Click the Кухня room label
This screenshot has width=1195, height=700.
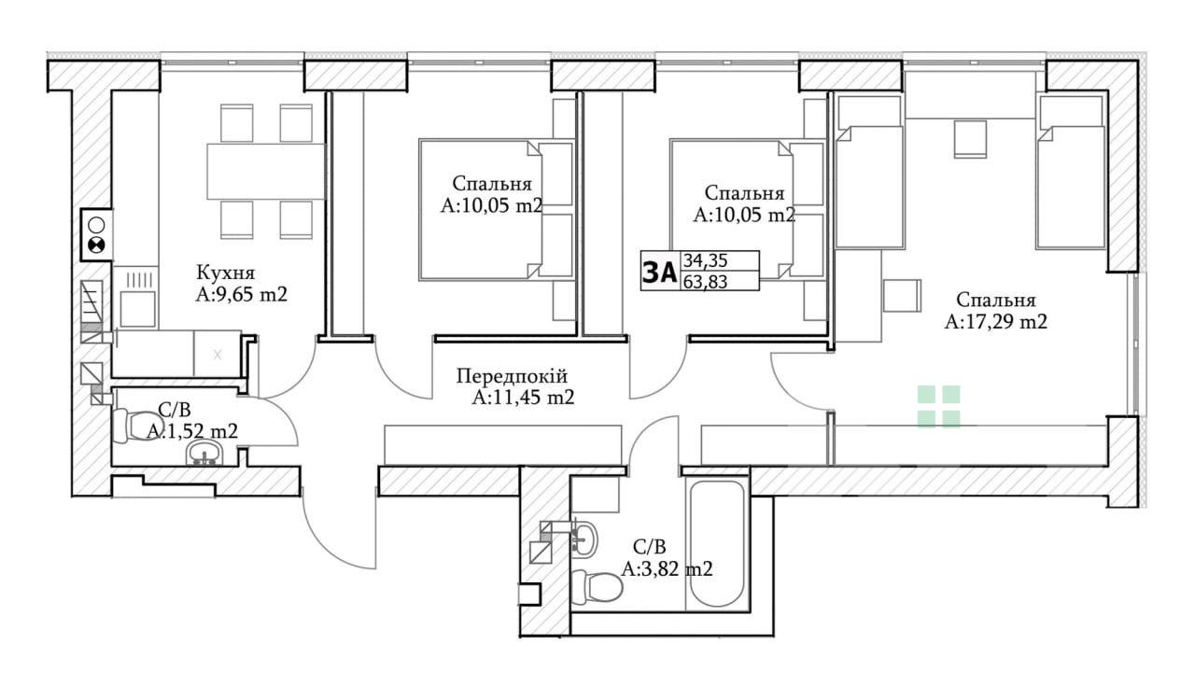[x=226, y=273]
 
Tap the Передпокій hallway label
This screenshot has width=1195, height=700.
[x=513, y=377]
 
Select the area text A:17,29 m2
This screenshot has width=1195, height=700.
[x=995, y=322]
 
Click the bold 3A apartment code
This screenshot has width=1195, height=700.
[x=660, y=273]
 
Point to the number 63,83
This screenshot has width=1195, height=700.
[x=705, y=281]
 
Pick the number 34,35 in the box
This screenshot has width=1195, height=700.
[x=705, y=261]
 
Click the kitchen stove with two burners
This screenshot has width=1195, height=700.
[x=96, y=235]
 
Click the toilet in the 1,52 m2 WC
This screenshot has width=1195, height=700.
[x=132, y=426]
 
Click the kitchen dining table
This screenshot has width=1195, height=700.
[x=266, y=171]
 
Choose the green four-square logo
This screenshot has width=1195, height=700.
[x=938, y=407]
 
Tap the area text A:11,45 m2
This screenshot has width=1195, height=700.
[x=523, y=398]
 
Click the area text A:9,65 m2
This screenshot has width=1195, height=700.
[x=241, y=294]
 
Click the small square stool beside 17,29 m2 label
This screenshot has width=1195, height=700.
[x=902, y=296]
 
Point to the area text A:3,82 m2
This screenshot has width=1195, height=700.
[x=667, y=569]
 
